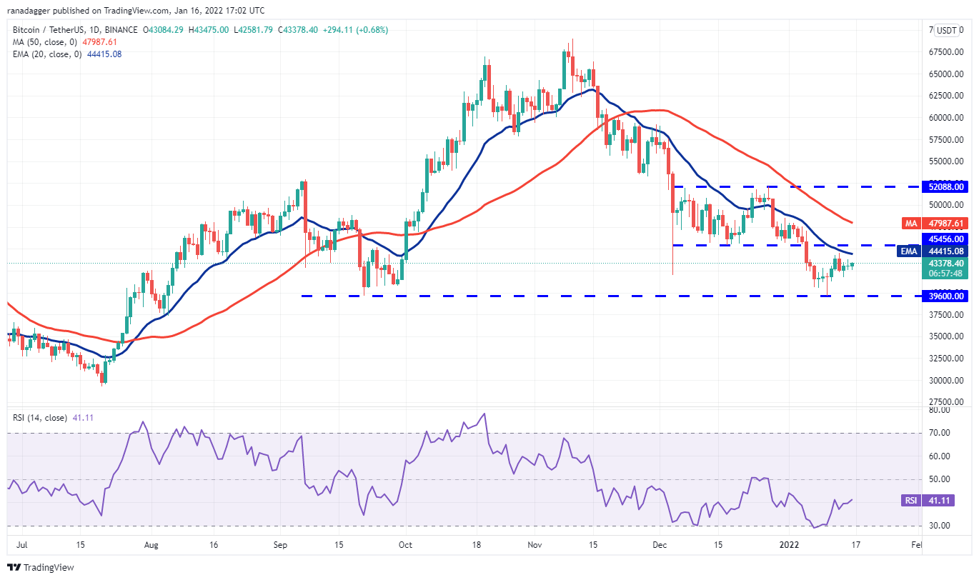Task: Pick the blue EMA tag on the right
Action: [908, 251]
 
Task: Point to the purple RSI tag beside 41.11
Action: [910, 501]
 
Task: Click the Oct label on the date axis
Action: [405, 545]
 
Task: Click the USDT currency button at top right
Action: [947, 30]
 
